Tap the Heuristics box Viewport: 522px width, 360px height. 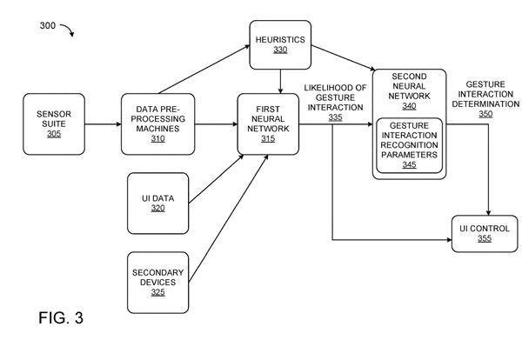(x=279, y=43)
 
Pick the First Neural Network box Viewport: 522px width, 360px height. (x=268, y=124)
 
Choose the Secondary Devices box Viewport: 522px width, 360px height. (x=157, y=283)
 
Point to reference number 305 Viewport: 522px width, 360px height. (x=55, y=135)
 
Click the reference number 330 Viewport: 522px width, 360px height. (x=279, y=50)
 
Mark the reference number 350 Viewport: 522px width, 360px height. (x=485, y=112)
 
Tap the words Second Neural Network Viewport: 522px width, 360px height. (x=409, y=87)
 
